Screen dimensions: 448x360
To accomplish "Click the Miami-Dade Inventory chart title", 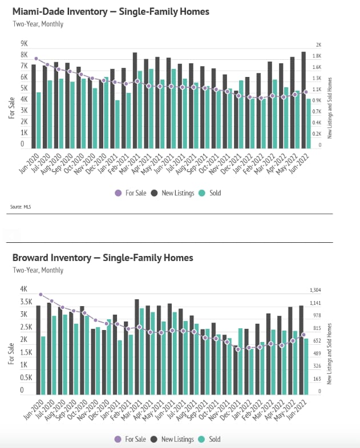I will [x=111, y=11].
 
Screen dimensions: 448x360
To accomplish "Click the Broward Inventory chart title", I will [x=103, y=258].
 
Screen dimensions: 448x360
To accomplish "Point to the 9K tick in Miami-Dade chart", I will [x=25, y=44].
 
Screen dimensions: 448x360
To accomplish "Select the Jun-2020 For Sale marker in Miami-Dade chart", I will [x=36, y=59].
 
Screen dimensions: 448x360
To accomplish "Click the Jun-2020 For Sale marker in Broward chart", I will [x=41, y=295].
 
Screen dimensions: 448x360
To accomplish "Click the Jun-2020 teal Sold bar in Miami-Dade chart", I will [x=39, y=120].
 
